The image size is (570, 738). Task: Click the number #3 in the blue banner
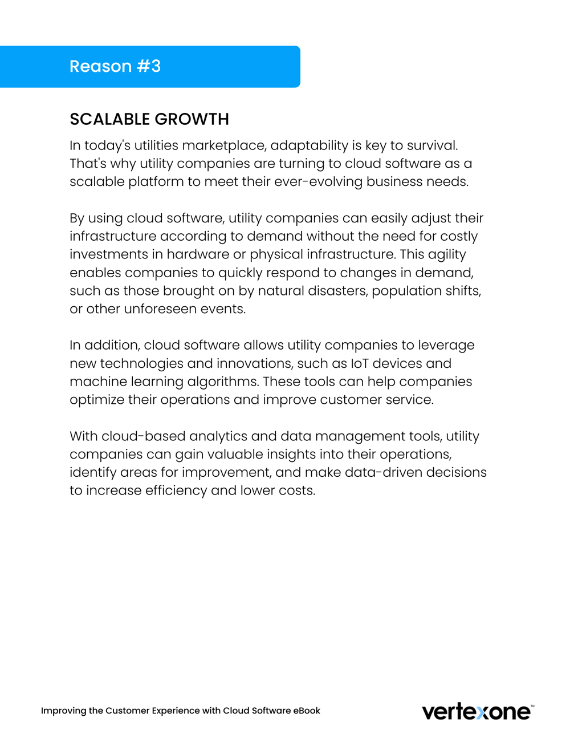149,66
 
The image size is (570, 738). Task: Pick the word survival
432,145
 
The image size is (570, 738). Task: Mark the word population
405,291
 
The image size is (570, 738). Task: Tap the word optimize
97,400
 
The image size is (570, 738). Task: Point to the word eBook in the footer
307,711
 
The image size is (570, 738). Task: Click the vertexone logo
477,712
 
